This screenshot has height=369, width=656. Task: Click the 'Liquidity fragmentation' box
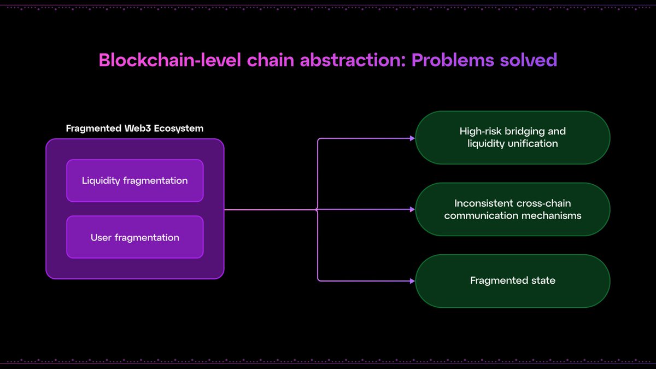[134, 180]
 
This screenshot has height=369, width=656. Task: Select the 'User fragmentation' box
[134, 237]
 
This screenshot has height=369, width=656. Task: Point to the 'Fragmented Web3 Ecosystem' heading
[134, 128]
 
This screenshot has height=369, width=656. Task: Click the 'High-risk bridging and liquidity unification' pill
[512, 138]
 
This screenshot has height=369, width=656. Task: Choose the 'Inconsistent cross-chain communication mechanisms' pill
[512, 209]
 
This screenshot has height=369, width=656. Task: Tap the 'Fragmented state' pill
[512, 280]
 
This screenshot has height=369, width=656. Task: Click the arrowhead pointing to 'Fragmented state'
[412, 280]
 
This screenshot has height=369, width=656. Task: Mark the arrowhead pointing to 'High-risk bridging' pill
[412, 138]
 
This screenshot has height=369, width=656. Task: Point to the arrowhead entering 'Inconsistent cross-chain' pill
[412, 209]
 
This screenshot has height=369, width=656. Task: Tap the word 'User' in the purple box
[102, 237]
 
